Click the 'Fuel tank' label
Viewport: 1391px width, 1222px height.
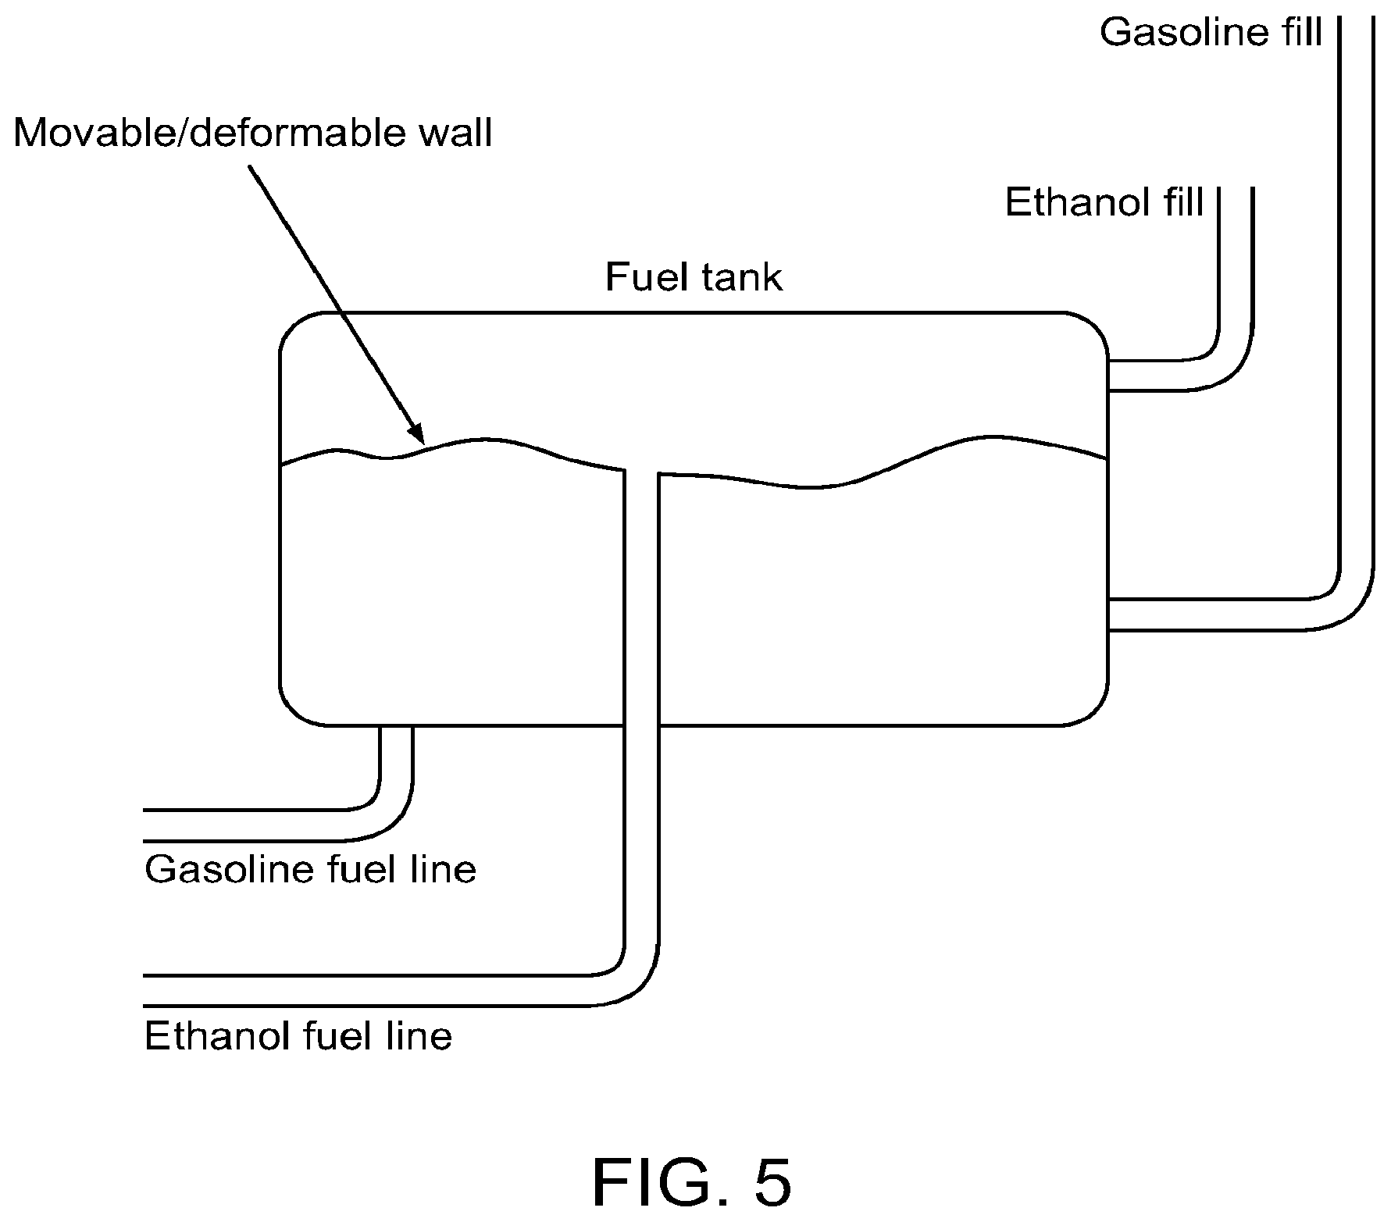694,278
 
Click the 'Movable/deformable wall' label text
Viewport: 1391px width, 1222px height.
253,134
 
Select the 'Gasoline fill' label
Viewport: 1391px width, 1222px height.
1211,33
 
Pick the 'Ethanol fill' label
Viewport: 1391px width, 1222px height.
1104,202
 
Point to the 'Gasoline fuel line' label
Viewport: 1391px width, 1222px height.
310,869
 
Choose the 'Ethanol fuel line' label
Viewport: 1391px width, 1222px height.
298,1036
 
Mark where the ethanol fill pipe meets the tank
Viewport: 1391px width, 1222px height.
1109,376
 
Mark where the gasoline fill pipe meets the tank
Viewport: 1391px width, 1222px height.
1109,615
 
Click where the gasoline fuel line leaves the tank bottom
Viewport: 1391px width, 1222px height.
395,727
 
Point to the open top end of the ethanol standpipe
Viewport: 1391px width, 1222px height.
641,472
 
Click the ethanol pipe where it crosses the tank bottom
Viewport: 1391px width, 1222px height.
641,725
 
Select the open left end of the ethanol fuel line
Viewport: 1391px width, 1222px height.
145,991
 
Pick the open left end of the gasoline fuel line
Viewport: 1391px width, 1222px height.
145,826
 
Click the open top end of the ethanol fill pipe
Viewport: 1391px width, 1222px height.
1236,190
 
